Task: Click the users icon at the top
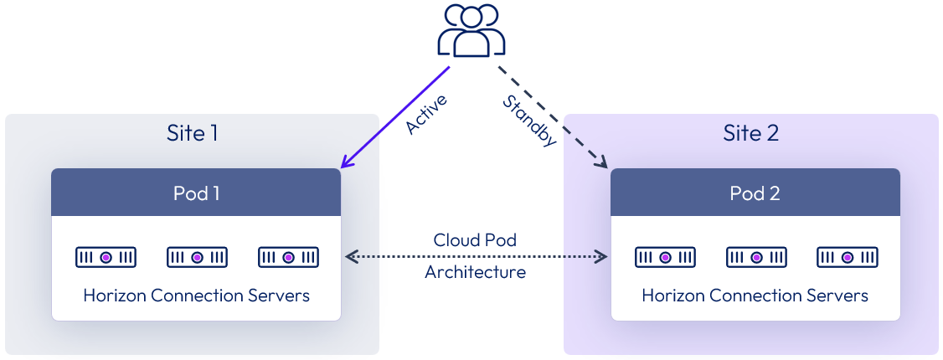click(x=471, y=32)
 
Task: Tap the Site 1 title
click(x=193, y=133)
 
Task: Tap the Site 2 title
click(x=751, y=133)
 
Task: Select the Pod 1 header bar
click(x=196, y=193)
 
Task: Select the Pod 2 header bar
click(x=755, y=193)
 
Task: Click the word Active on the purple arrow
click(x=426, y=114)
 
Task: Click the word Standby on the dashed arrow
click(x=529, y=121)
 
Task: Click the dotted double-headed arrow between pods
click(x=476, y=256)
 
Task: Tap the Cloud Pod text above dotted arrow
click(x=475, y=240)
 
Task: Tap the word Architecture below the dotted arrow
click(x=475, y=272)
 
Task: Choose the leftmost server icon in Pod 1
click(x=106, y=257)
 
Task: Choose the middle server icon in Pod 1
click(x=197, y=257)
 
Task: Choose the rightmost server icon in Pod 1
click(x=288, y=257)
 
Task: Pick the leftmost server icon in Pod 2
click(x=664, y=257)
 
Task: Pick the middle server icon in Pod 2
click(x=755, y=257)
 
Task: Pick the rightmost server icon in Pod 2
click(x=847, y=257)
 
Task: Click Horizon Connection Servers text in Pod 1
click(x=196, y=296)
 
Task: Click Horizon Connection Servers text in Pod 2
click(x=755, y=296)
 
